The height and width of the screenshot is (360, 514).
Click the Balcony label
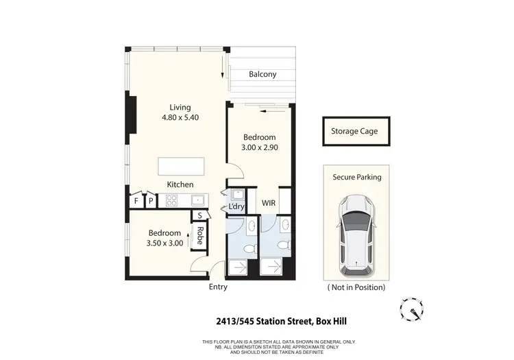[262, 74]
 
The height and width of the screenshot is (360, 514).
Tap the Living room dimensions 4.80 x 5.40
[180, 117]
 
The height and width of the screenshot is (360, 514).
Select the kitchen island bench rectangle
[181, 167]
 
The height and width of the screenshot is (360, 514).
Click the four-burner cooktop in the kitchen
[171, 201]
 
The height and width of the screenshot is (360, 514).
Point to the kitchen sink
[197, 201]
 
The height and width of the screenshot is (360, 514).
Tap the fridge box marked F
[136, 201]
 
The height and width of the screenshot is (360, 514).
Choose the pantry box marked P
[150, 201]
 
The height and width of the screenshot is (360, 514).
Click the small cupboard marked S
[199, 215]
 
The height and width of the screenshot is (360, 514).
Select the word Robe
[200, 235]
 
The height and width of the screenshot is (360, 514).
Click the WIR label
[269, 204]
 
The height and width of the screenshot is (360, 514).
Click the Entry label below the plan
[218, 287]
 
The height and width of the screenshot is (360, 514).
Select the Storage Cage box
[354, 131]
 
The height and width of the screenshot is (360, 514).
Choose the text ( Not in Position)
[356, 287]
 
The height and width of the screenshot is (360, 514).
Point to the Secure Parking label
[357, 177]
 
